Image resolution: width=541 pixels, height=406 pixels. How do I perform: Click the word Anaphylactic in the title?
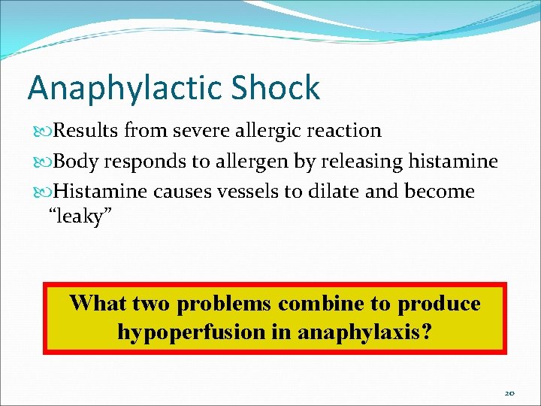coord(120,88)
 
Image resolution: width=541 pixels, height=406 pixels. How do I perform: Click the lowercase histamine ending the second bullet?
coord(454,161)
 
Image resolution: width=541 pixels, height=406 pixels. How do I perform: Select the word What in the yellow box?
coord(98,304)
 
